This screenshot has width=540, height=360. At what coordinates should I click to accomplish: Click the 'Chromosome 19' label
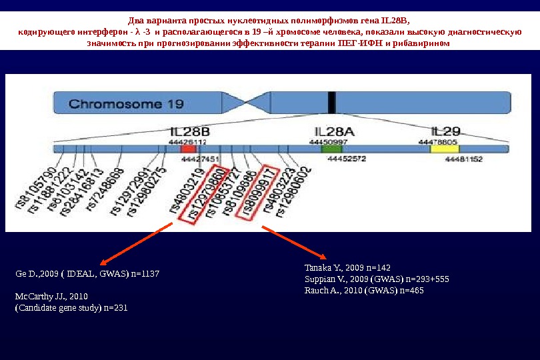coord(127,104)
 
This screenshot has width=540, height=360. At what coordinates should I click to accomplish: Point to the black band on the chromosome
coord(331,104)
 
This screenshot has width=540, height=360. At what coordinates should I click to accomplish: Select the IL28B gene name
coord(188,132)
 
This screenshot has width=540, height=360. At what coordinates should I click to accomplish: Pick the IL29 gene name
coord(445,131)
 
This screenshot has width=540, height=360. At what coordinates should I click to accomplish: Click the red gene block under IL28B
coord(189,150)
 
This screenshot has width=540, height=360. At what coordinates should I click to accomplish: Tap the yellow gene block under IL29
coord(441,150)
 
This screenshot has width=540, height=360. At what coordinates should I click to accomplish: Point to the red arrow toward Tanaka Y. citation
coord(294,243)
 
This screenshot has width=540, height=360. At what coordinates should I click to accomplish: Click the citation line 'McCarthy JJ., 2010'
coord(51,295)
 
